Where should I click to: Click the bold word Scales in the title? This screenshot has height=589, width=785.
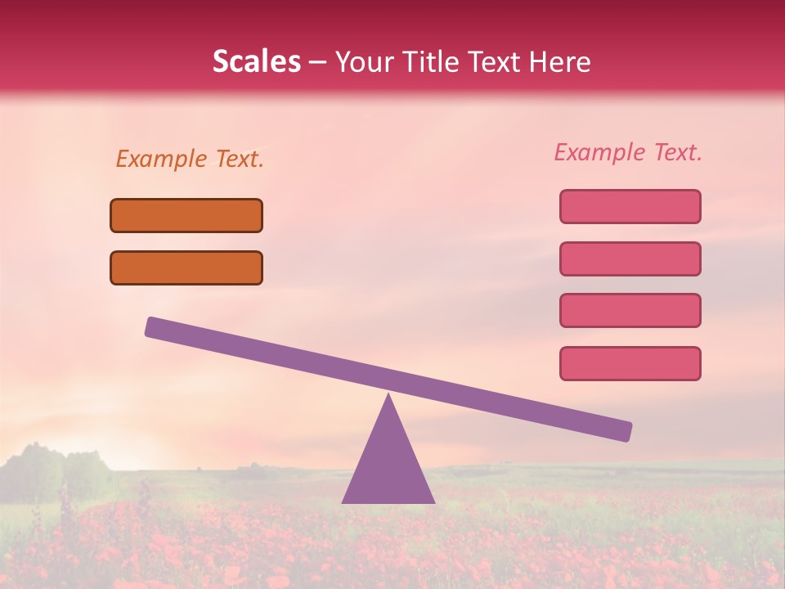pyautogui.click(x=256, y=62)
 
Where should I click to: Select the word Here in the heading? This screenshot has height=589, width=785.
pyautogui.click(x=559, y=62)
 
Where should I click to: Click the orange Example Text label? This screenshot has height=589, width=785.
pyautogui.click(x=190, y=159)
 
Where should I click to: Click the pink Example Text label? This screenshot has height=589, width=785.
pyautogui.click(x=628, y=152)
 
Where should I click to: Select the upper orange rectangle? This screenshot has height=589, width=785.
pyautogui.click(x=186, y=215)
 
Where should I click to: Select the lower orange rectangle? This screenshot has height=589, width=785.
pyautogui.click(x=186, y=268)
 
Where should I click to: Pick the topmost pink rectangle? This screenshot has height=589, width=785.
pyautogui.click(x=630, y=206)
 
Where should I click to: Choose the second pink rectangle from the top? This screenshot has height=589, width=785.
pyautogui.click(x=630, y=259)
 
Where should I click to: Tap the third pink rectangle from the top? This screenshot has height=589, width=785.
pyautogui.click(x=630, y=311)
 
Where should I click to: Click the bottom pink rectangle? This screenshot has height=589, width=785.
pyautogui.click(x=630, y=363)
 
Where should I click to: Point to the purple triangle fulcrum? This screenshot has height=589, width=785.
pyautogui.click(x=388, y=466)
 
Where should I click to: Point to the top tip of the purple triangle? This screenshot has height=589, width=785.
pyautogui.click(x=388, y=397)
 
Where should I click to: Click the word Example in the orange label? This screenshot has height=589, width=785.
pyautogui.click(x=162, y=159)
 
